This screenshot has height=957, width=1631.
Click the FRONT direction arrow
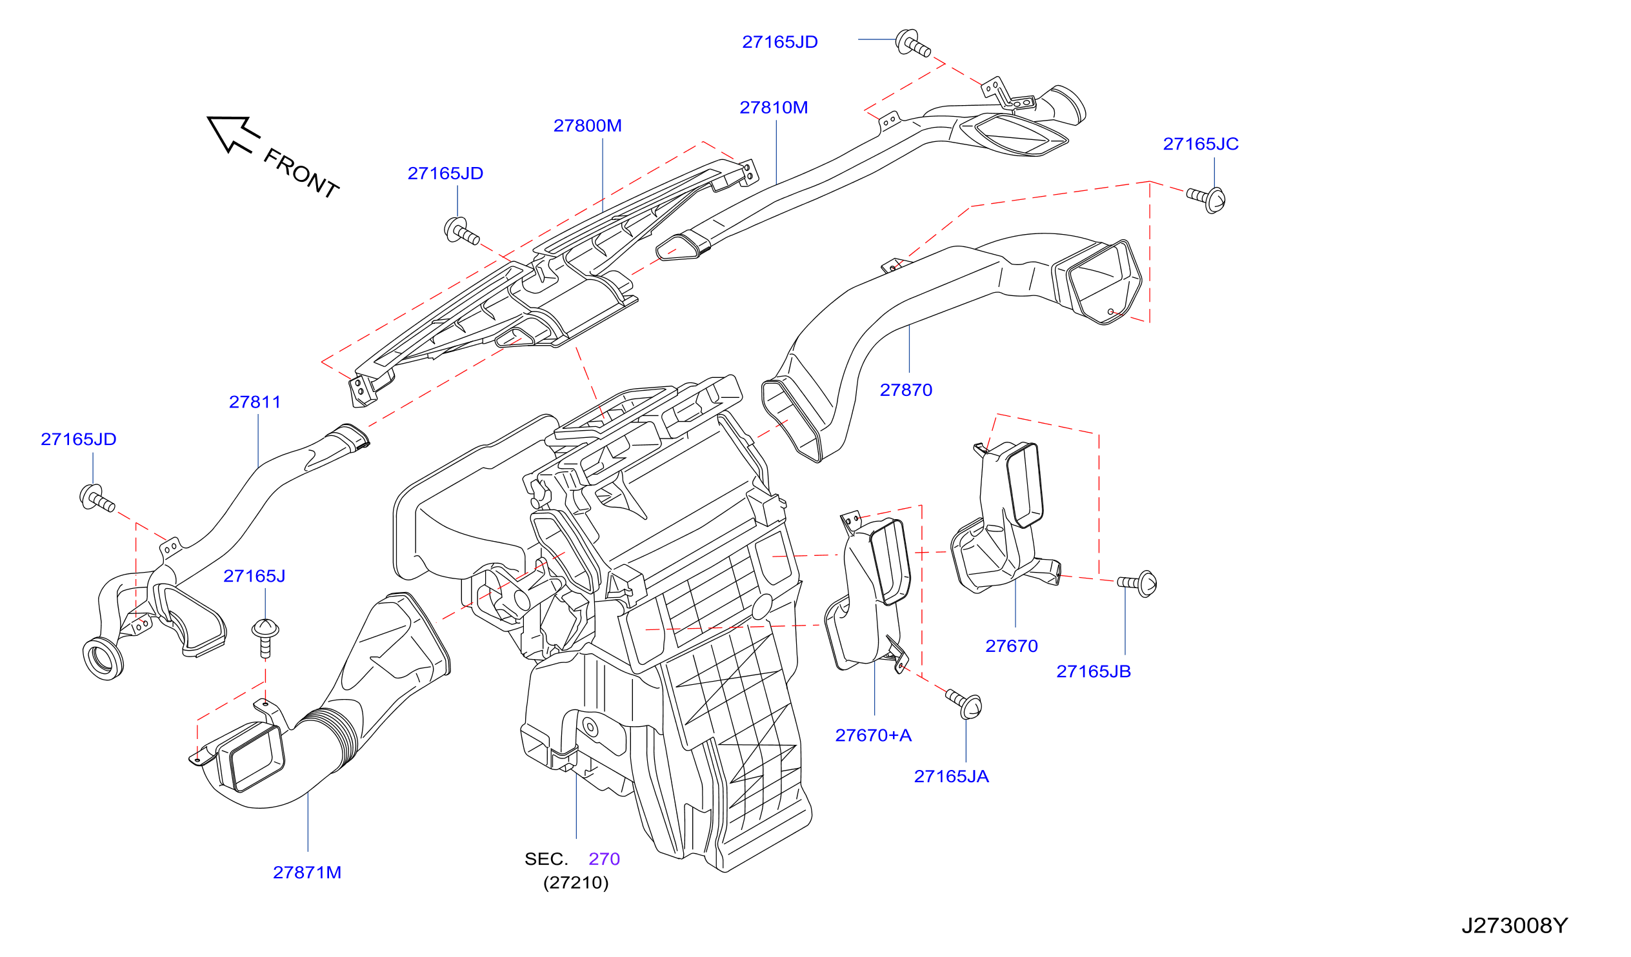tap(233, 134)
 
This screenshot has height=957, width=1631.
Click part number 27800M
tap(588, 126)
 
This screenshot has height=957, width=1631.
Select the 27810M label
tap(774, 108)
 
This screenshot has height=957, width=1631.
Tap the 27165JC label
tap(1201, 144)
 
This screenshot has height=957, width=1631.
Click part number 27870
tap(906, 390)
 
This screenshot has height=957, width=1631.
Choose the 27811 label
tap(255, 402)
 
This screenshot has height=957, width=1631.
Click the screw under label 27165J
tap(265, 637)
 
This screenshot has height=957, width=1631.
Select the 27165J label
tap(254, 576)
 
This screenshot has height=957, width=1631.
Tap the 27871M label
tap(308, 873)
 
